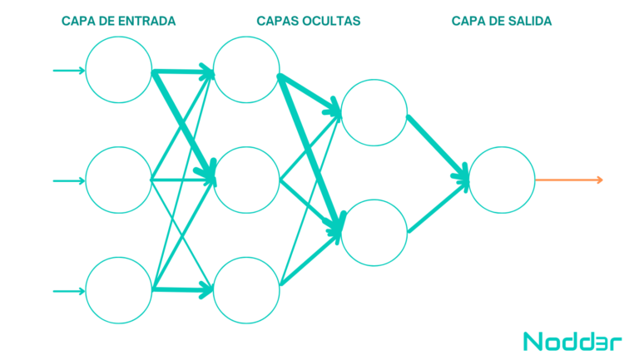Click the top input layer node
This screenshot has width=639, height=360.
point(119,70)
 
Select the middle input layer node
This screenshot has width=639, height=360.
point(119,180)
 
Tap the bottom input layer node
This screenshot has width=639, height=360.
point(119,290)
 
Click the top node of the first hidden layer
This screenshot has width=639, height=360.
point(246,70)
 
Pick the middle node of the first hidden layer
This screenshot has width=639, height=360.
point(246,180)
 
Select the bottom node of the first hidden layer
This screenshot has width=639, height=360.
point(246,290)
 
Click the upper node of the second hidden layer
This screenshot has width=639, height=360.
point(374,113)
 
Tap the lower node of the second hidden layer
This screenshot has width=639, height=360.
point(374,233)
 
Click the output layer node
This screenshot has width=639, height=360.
point(502,180)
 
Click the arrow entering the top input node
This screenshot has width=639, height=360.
point(69,70)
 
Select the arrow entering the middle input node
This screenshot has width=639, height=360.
point(69,180)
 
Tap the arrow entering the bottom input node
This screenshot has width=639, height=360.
point(69,290)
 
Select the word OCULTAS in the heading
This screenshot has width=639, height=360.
point(332,22)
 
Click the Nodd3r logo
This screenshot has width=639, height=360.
point(562,341)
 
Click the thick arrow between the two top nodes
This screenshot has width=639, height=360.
point(183,72)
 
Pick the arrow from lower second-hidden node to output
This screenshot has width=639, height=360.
point(438,207)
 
